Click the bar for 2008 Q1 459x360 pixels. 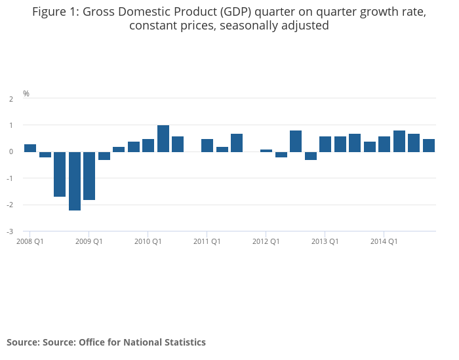pos(30,148)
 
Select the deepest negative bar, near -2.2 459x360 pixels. pos(74,181)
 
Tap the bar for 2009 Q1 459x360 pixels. pos(89,176)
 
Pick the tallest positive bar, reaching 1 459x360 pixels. pos(163,138)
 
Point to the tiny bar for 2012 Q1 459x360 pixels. pos(266,151)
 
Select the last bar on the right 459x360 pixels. pos(429,146)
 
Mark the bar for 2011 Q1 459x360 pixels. pos(207,146)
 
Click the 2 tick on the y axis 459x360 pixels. pos(11,99)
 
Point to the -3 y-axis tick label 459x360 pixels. pos(10,231)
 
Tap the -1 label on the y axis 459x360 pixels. pos(10,178)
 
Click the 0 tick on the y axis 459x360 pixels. pos(11,152)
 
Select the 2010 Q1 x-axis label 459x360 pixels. pos(148,241)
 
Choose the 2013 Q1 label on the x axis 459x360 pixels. pos(325,241)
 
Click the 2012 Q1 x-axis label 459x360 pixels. pos(266,241)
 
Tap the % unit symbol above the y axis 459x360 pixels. pos(26,94)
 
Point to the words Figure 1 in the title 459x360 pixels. pos(54,12)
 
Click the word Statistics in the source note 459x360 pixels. pos(184,342)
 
